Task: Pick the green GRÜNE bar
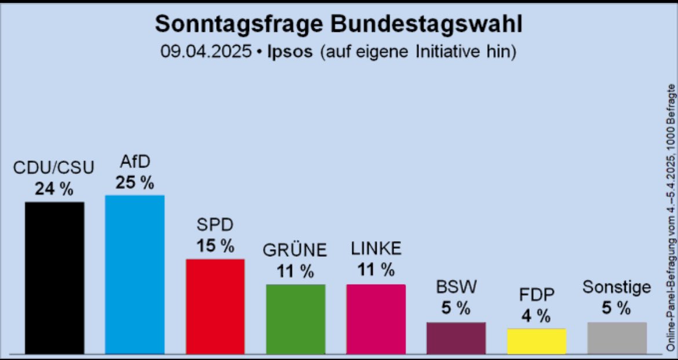[x=296, y=318]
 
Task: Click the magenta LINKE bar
[x=376, y=318]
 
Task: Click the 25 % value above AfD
[x=134, y=183]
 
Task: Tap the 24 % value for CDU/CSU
[x=54, y=190]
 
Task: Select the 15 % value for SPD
[x=214, y=246]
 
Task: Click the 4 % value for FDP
[x=535, y=316]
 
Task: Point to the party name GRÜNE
[x=295, y=250]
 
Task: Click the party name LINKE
[x=376, y=249]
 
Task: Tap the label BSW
[x=455, y=288]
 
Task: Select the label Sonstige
[x=617, y=288]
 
